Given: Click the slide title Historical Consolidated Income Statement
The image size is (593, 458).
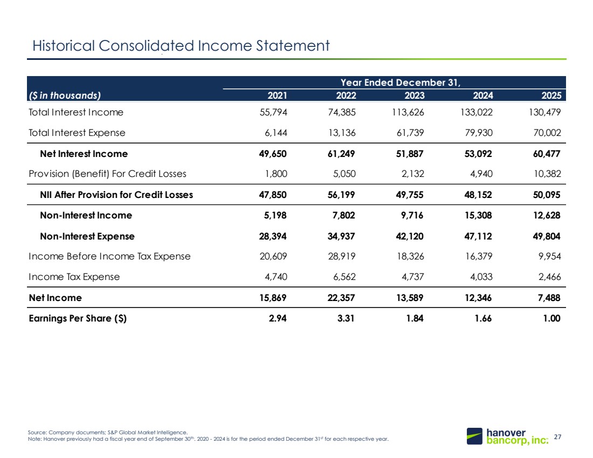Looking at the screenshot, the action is [181, 46].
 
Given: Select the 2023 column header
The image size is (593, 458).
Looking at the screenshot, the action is [415, 95].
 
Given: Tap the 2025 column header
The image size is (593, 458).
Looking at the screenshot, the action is [551, 95].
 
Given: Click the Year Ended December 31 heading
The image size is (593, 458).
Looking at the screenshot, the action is [401, 83].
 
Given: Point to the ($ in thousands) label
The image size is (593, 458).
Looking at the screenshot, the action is [65, 95].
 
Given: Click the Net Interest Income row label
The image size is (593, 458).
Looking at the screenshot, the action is [84, 154].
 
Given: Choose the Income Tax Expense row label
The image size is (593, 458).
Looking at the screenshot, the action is [74, 277].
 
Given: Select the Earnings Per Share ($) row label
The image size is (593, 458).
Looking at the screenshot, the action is [78, 318].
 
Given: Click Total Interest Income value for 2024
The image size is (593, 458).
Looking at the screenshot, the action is [477, 112].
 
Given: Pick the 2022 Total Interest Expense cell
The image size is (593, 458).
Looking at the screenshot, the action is [342, 133].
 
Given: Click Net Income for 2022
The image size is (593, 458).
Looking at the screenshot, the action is [341, 298].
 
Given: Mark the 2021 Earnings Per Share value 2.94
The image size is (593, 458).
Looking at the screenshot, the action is [278, 318].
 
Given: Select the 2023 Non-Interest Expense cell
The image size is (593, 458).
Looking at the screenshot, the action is [410, 236].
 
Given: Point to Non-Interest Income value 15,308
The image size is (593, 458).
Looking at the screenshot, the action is [478, 215].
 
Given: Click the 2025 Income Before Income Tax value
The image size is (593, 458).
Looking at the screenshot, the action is [550, 256].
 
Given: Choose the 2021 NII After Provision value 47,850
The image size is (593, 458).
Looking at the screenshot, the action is [273, 195].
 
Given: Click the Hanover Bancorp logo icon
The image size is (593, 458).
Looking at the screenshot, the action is [474, 436].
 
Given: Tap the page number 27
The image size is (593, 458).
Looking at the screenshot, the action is [557, 437].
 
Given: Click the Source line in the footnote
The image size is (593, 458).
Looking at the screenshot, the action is [107, 432].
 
